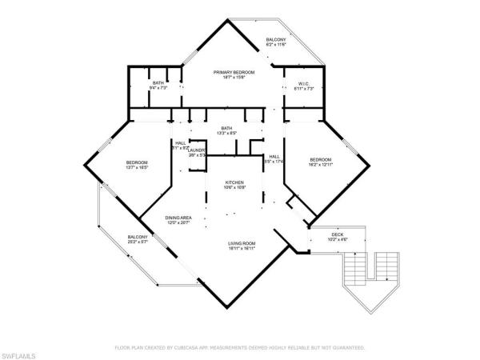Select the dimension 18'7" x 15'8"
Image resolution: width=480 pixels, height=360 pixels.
tap(233, 78)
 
